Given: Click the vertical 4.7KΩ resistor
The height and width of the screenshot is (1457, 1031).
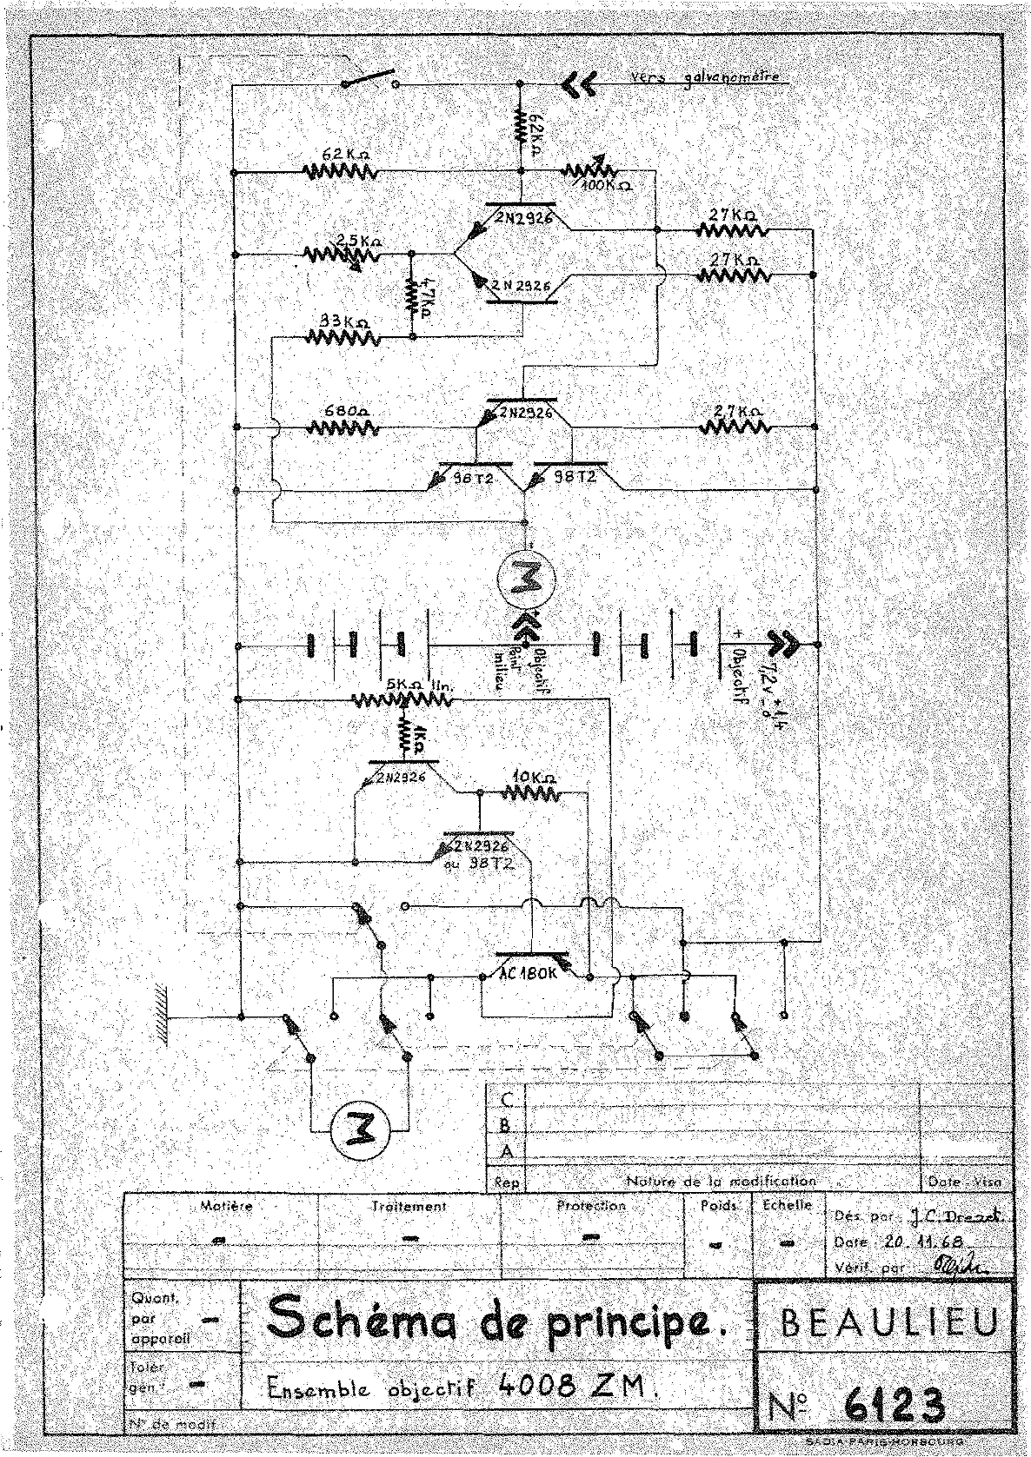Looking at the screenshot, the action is pos(411,295).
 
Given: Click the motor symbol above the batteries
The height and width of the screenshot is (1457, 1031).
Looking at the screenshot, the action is pos(524,579).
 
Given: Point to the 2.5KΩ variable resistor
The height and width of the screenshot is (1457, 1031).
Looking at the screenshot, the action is pos(341,255).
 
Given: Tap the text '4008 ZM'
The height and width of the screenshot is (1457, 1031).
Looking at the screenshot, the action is pos(574,1385).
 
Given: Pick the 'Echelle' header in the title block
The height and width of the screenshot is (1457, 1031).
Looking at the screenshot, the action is pos(786,1206).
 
